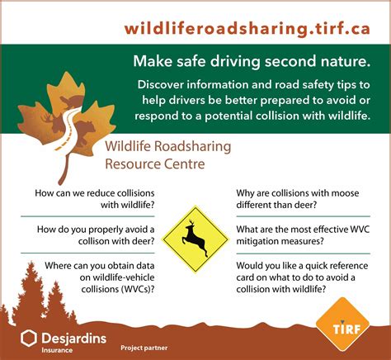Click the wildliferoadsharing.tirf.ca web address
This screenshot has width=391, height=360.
coord(247,29)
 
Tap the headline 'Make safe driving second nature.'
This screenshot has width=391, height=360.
coord(252,61)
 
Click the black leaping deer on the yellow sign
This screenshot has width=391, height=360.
coord(195,238)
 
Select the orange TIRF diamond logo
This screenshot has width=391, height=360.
coord(342,324)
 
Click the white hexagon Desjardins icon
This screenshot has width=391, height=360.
coord(29,339)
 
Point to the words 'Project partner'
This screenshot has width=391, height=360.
coord(144,348)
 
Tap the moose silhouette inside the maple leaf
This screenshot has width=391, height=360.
coord(53,122)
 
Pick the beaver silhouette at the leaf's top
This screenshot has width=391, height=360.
coord(72,102)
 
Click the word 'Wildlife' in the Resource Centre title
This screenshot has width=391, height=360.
coord(128,146)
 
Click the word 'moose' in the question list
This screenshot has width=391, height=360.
coord(345,193)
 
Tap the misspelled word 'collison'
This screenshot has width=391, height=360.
coord(94,241)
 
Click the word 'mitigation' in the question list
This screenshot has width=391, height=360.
coord(255,241)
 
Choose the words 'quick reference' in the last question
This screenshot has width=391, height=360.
coord(337,266)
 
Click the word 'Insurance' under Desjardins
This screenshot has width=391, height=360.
coord(57,350)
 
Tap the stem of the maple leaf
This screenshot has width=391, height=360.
coord(65,168)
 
